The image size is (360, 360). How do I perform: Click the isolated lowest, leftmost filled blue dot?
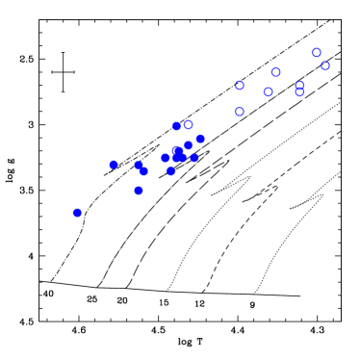coord(77,213)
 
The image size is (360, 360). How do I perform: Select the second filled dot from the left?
coord(114,165)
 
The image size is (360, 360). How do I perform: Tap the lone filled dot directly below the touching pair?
coord(139,191)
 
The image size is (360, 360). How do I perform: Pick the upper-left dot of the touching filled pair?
coord(139,166)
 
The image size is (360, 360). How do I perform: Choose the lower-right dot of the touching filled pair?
coord(142,171)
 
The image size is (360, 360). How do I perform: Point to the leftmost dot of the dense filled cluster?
coord(166,158)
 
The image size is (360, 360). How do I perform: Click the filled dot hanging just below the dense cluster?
coord(170,171)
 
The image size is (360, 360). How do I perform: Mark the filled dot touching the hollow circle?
coord(177,126)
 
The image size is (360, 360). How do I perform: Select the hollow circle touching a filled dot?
coord(189,124)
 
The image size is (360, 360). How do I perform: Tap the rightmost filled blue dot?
coord(200,139)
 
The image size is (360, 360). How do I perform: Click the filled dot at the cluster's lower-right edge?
coord(194,158)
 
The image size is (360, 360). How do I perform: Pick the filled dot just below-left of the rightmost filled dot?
coord(189,145)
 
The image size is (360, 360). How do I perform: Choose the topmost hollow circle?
coord(316,53)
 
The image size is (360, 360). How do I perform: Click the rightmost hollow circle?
coord(325,65)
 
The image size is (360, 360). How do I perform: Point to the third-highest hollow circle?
coord(275,72)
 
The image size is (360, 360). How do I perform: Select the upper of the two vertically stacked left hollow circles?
coord(240,86)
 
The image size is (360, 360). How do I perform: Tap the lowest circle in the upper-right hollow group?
coord(240,112)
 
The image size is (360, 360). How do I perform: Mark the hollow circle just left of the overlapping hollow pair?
coord(269,92)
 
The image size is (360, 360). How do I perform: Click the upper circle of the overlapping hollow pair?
coord(300,86)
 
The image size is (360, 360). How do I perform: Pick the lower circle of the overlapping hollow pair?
coord(299,92)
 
